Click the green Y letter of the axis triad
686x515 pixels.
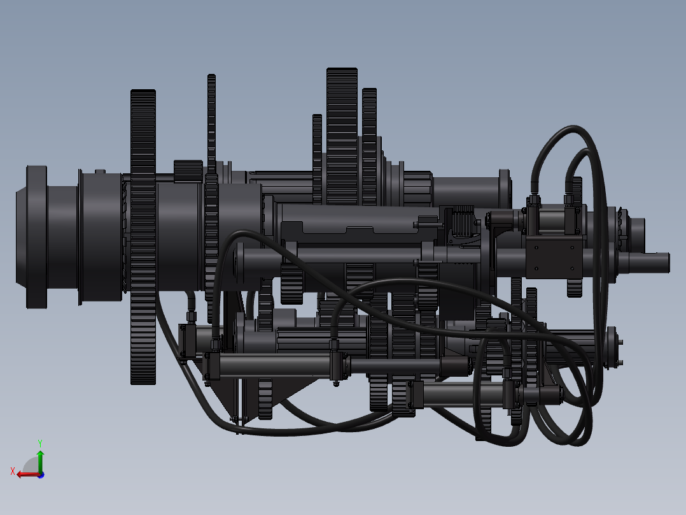click(x=40, y=443)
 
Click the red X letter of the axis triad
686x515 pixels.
click(x=13, y=471)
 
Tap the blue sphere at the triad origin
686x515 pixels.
click(x=41, y=475)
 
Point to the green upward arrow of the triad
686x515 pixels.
click(x=40, y=461)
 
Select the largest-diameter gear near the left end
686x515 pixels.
click(x=143, y=237)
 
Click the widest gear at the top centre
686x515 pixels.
click(x=342, y=136)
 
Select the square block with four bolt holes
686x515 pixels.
click(x=555, y=257)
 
